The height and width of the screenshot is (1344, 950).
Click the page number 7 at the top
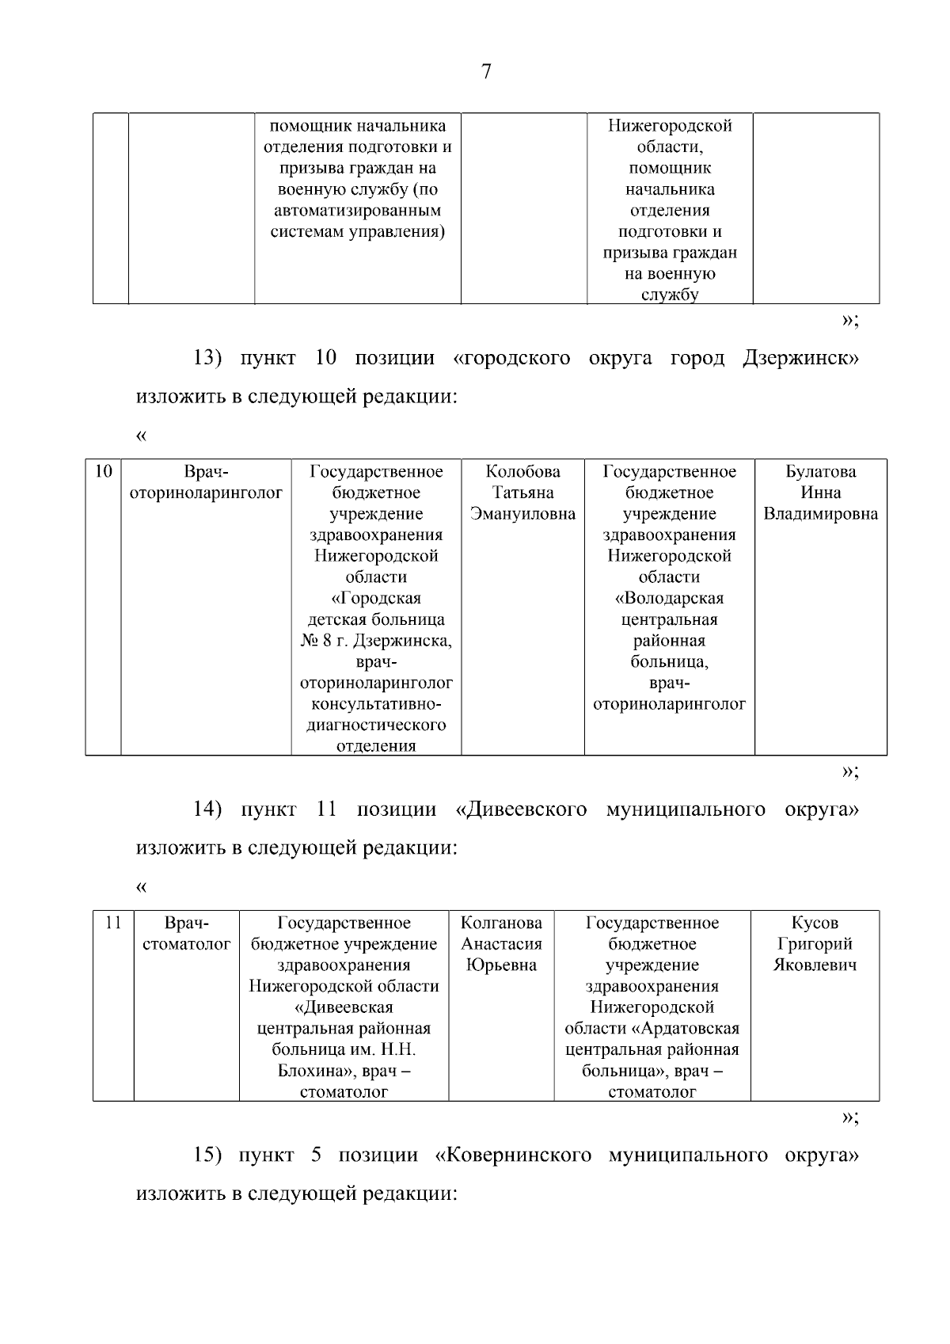tap(485, 72)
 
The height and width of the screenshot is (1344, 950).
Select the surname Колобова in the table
tap(522, 472)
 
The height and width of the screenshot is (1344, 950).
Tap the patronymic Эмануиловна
tap(522, 514)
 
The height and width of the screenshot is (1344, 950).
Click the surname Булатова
tap(820, 472)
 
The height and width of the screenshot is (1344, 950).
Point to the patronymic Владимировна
tap(820, 514)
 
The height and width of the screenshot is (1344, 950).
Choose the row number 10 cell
tap(103, 472)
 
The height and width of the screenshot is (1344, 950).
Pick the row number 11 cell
tap(113, 923)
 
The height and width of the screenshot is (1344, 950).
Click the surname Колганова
tap(501, 923)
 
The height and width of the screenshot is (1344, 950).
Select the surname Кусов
tap(815, 923)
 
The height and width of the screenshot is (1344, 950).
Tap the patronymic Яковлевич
tap(815, 965)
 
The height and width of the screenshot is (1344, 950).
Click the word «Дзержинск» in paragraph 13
tap(800, 358)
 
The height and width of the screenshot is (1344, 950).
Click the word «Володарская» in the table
tap(669, 599)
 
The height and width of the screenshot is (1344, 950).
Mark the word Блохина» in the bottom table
tap(310, 1072)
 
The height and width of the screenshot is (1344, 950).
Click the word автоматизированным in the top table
tap(357, 211)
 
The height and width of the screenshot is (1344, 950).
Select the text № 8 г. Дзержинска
tap(376, 641)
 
